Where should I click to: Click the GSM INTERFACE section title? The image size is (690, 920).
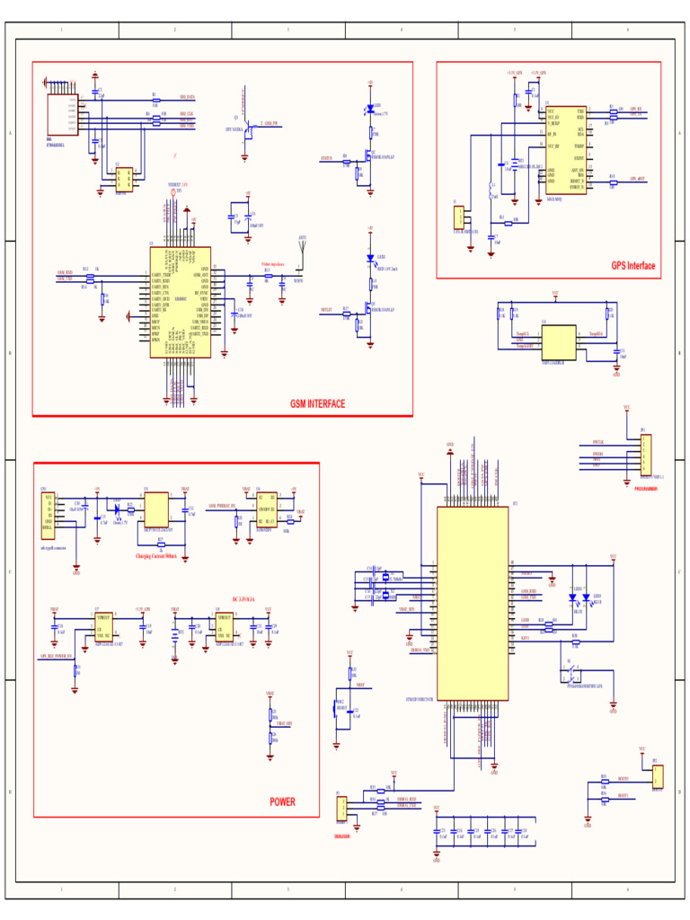tap(317, 403)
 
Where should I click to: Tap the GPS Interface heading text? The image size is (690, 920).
tap(633, 266)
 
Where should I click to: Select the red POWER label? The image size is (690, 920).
tap(282, 801)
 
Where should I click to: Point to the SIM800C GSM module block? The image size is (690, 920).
tap(180, 302)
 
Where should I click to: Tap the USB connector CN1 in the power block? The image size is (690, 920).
tap(48, 515)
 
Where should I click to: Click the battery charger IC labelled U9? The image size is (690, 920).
tap(157, 509)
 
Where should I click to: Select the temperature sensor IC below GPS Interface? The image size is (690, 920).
tap(557, 343)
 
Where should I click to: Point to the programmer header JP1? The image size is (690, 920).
tap(646, 456)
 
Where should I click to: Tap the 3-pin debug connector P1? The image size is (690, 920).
tap(341, 809)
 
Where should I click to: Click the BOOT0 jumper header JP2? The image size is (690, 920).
tap(657, 776)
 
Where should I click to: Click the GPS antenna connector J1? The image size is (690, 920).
tap(459, 217)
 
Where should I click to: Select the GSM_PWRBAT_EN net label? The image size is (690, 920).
tap(222, 507)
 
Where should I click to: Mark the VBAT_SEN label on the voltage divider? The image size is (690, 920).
tap(284, 723)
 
